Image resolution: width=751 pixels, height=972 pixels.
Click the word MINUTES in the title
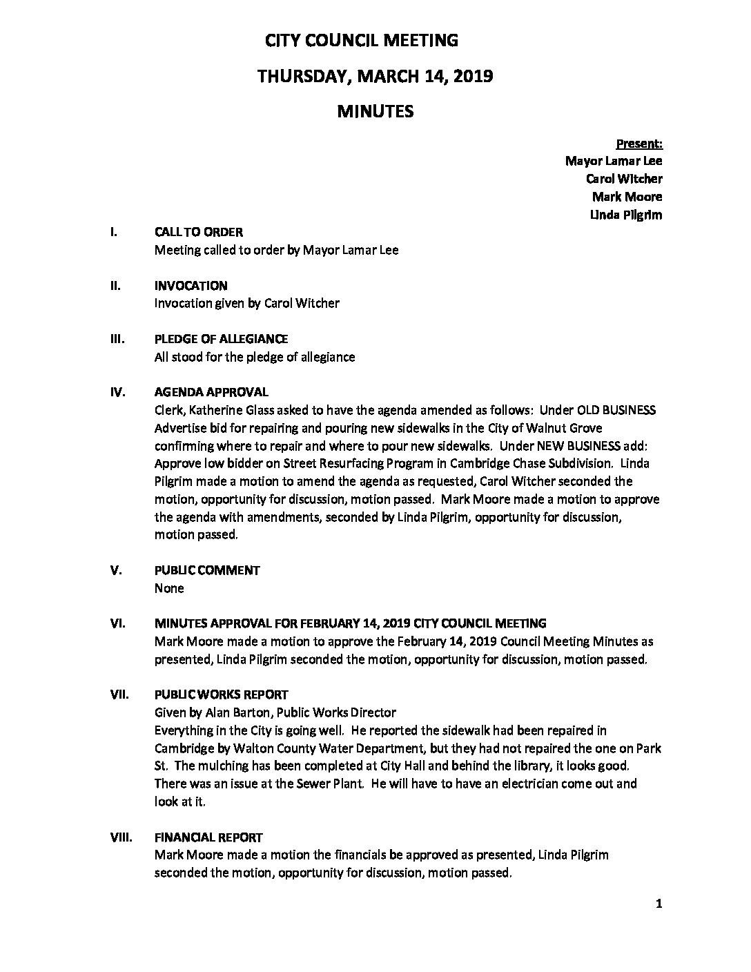[375, 111]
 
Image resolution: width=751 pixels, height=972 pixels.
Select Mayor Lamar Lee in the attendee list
[614, 161]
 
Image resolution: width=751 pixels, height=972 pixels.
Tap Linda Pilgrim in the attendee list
[626, 215]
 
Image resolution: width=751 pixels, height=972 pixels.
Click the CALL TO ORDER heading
[199, 233]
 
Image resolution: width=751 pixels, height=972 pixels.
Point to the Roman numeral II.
[116, 286]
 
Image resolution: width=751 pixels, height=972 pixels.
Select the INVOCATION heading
[191, 286]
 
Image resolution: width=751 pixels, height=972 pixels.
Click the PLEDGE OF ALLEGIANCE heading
[222, 339]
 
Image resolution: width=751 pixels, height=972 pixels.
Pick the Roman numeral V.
[117, 570]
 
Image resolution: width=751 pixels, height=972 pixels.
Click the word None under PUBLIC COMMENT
[169, 588]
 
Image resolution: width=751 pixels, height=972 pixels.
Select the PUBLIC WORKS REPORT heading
[222, 694]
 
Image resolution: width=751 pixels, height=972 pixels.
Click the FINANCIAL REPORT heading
[208, 837]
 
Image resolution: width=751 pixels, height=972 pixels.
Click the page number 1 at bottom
[659, 905]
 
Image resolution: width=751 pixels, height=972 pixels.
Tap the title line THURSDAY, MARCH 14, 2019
[375, 76]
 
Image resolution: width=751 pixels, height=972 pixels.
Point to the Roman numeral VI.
[118, 623]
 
